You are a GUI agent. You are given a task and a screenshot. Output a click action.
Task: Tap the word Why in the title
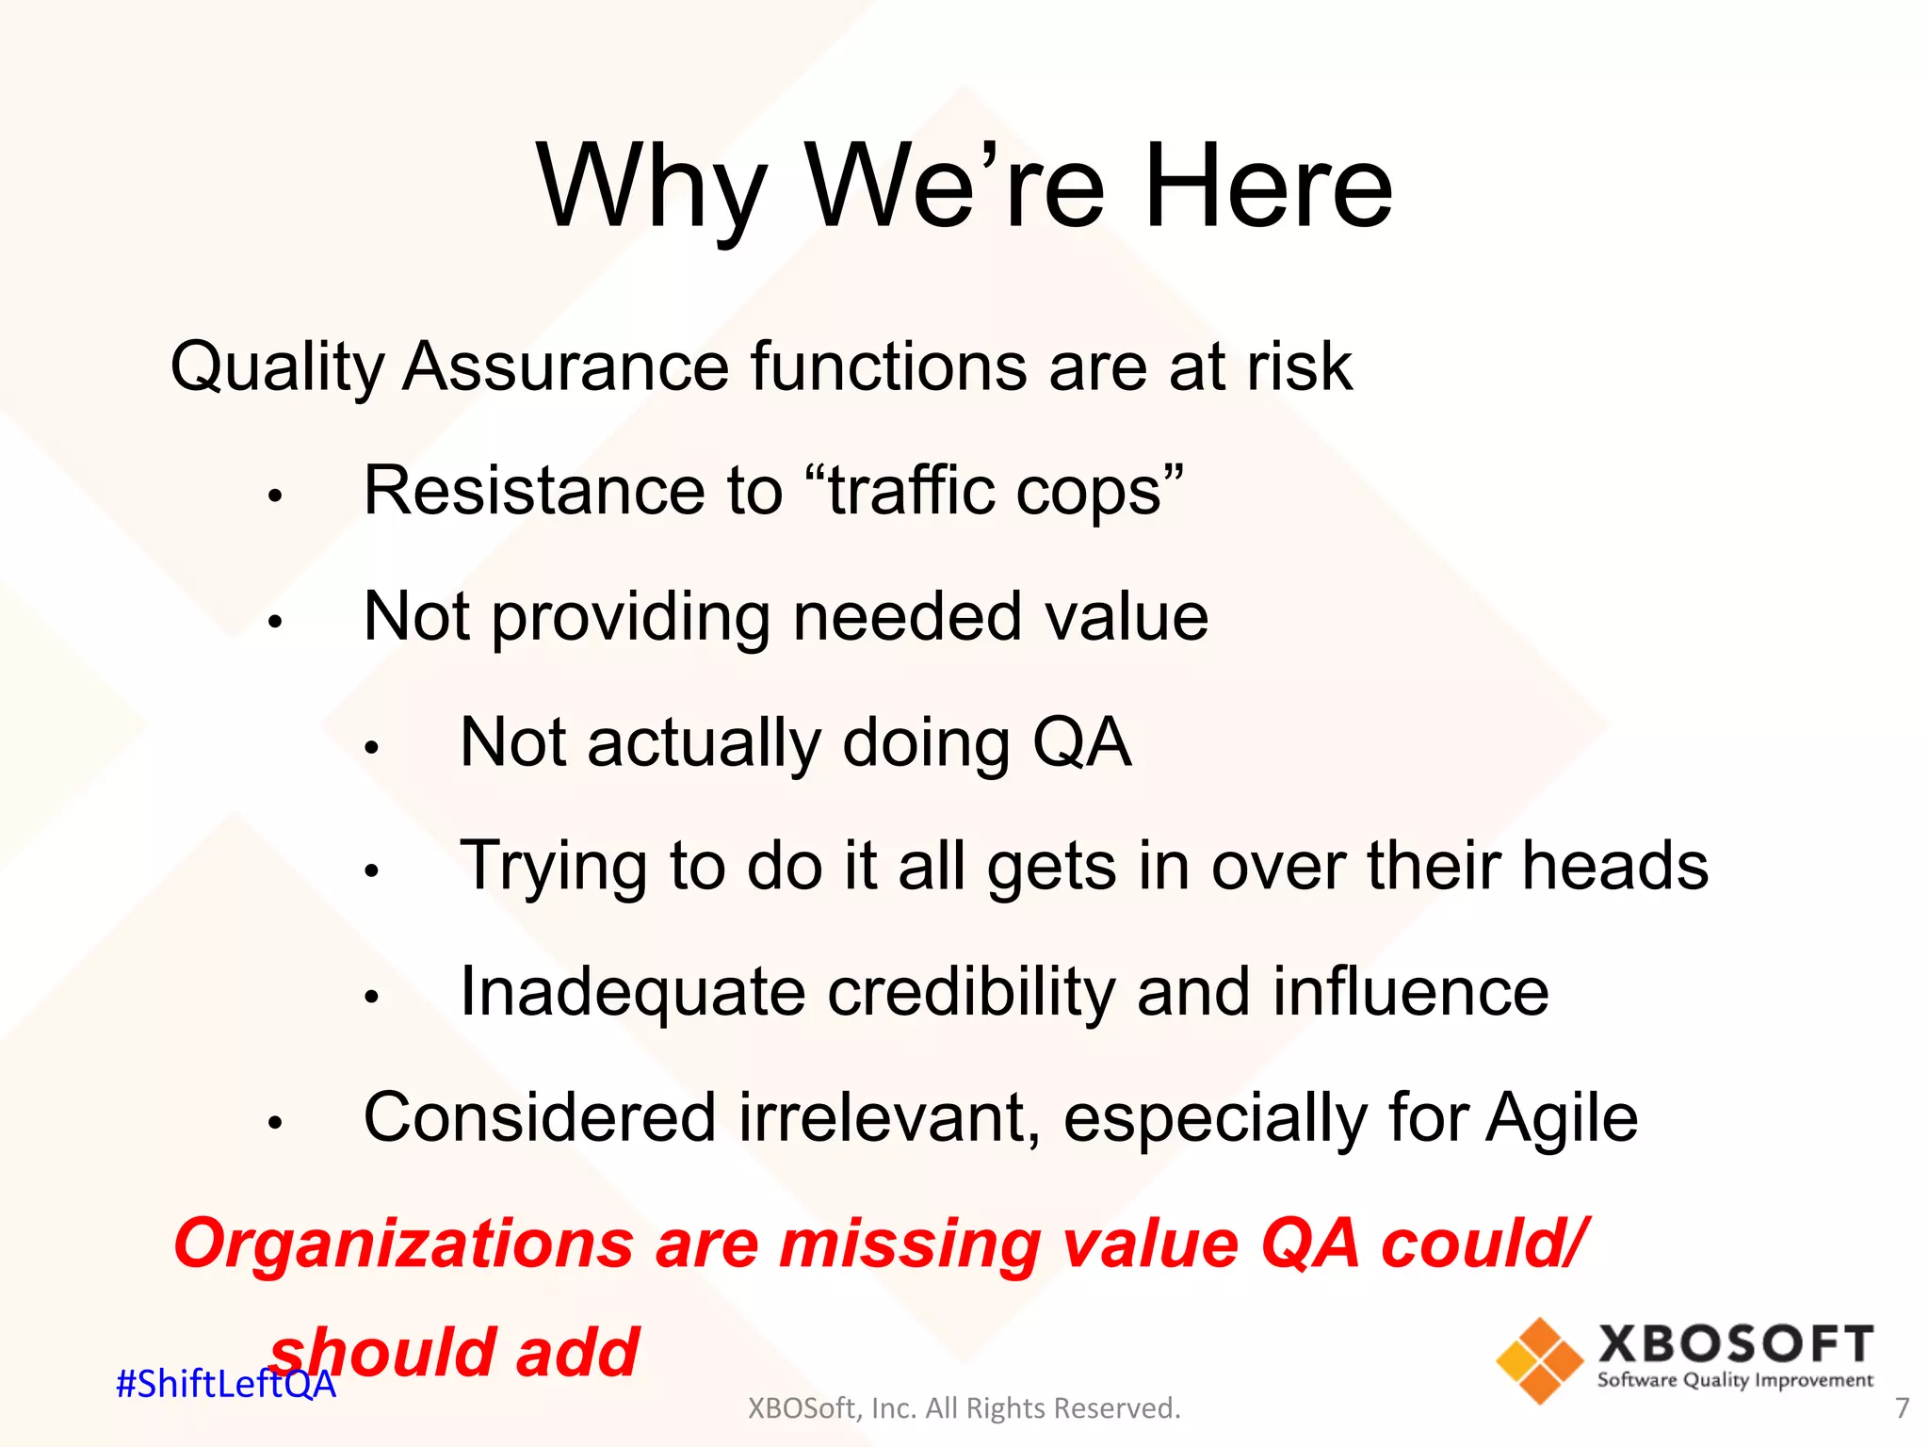tap(651, 187)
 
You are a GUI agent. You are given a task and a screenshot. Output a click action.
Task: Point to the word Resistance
tap(534, 491)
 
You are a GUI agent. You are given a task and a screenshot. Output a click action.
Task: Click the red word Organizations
tap(403, 1244)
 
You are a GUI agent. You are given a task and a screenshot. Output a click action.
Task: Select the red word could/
tap(1483, 1244)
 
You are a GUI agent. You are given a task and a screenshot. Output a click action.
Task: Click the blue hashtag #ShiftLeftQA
tap(225, 1384)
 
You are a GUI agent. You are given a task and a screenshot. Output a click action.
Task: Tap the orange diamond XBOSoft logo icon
tap(1539, 1360)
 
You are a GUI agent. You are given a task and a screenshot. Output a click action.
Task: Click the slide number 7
tap(1902, 1408)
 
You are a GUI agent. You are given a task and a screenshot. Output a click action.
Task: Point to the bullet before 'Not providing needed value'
tap(275, 622)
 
